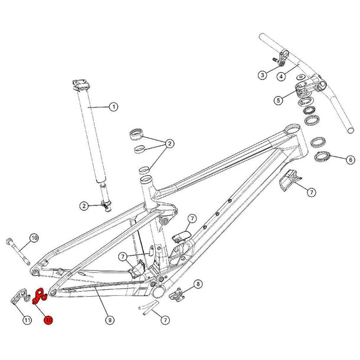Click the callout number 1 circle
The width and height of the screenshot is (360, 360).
pyautogui.click(x=113, y=107)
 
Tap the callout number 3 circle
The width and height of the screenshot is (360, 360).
pyautogui.click(x=262, y=75)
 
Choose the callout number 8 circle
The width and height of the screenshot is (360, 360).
pyautogui.click(x=198, y=284)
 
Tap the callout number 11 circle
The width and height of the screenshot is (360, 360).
pyautogui.click(x=27, y=320)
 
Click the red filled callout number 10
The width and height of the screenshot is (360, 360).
pyautogui.click(x=48, y=320)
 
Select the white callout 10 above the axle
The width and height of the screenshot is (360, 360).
pyautogui.click(x=34, y=238)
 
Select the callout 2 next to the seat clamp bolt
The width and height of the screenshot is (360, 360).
pyautogui.click(x=84, y=205)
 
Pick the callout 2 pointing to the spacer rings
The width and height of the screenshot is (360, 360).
pyautogui.click(x=169, y=143)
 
